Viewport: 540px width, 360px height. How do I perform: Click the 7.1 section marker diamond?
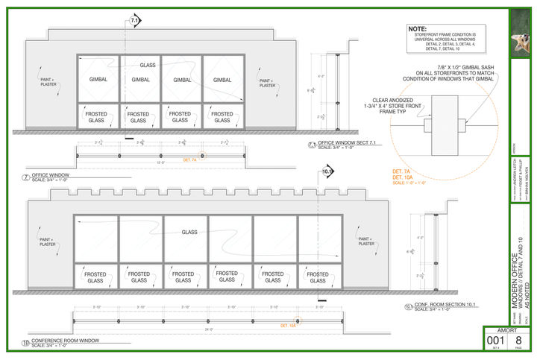click(134, 21)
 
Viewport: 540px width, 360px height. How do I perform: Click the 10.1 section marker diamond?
click(327, 173)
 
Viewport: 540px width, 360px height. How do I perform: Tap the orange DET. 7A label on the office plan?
click(189, 160)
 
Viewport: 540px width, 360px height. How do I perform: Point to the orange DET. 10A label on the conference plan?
click(289, 326)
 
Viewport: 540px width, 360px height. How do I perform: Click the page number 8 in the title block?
click(521, 340)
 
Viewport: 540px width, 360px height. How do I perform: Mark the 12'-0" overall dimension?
click(160, 162)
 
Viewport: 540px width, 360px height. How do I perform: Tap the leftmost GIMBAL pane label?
click(98, 80)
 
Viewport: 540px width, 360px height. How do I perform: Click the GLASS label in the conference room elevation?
click(189, 233)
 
